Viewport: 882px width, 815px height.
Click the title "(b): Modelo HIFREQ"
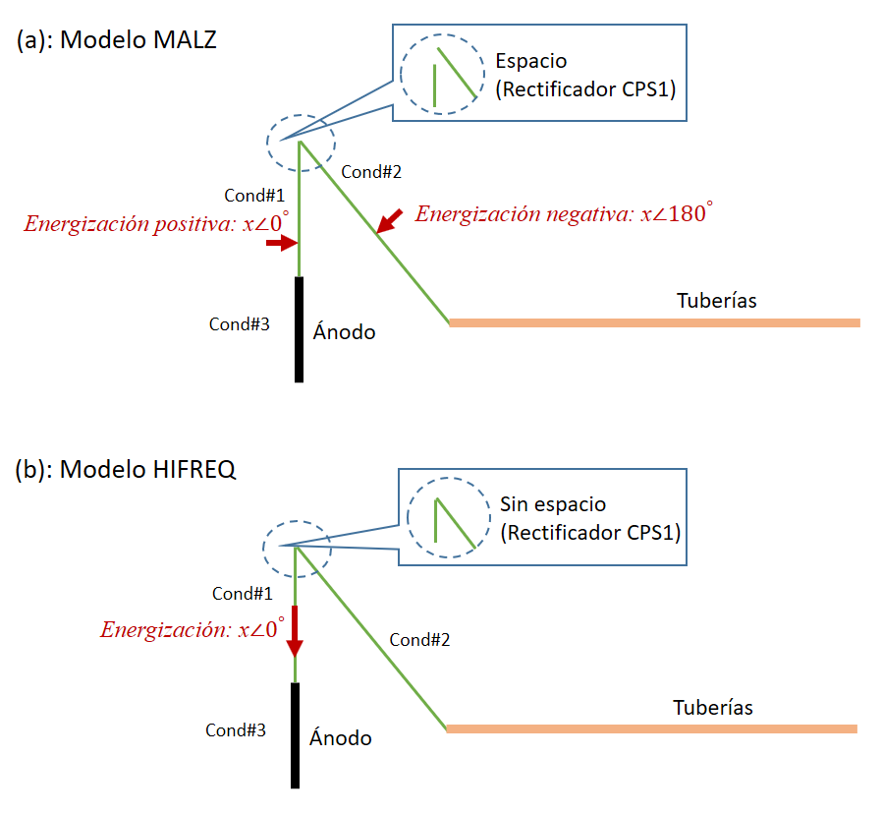pos(126,469)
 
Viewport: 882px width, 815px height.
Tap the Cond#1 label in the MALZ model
pos(252,195)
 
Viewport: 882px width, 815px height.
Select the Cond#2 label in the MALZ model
pos(371,172)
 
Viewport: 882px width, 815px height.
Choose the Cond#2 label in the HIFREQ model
pos(419,640)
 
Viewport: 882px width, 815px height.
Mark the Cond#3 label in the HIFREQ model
pos(236,729)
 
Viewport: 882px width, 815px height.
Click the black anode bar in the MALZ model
pos(299,328)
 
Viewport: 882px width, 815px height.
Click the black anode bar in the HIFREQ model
pos(295,734)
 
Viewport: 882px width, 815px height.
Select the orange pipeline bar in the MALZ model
pos(654,321)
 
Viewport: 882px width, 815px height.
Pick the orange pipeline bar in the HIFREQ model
pos(651,728)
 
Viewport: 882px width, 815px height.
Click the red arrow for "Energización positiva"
pos(282,244)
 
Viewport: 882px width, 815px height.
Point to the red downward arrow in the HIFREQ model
pos(294,634)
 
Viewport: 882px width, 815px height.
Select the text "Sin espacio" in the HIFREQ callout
pos(553,505)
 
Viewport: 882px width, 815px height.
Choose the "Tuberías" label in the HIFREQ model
pos(713,707)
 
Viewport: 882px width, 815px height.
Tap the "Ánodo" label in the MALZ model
pos(344,331)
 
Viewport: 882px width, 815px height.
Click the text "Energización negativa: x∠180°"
pos(563,213)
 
